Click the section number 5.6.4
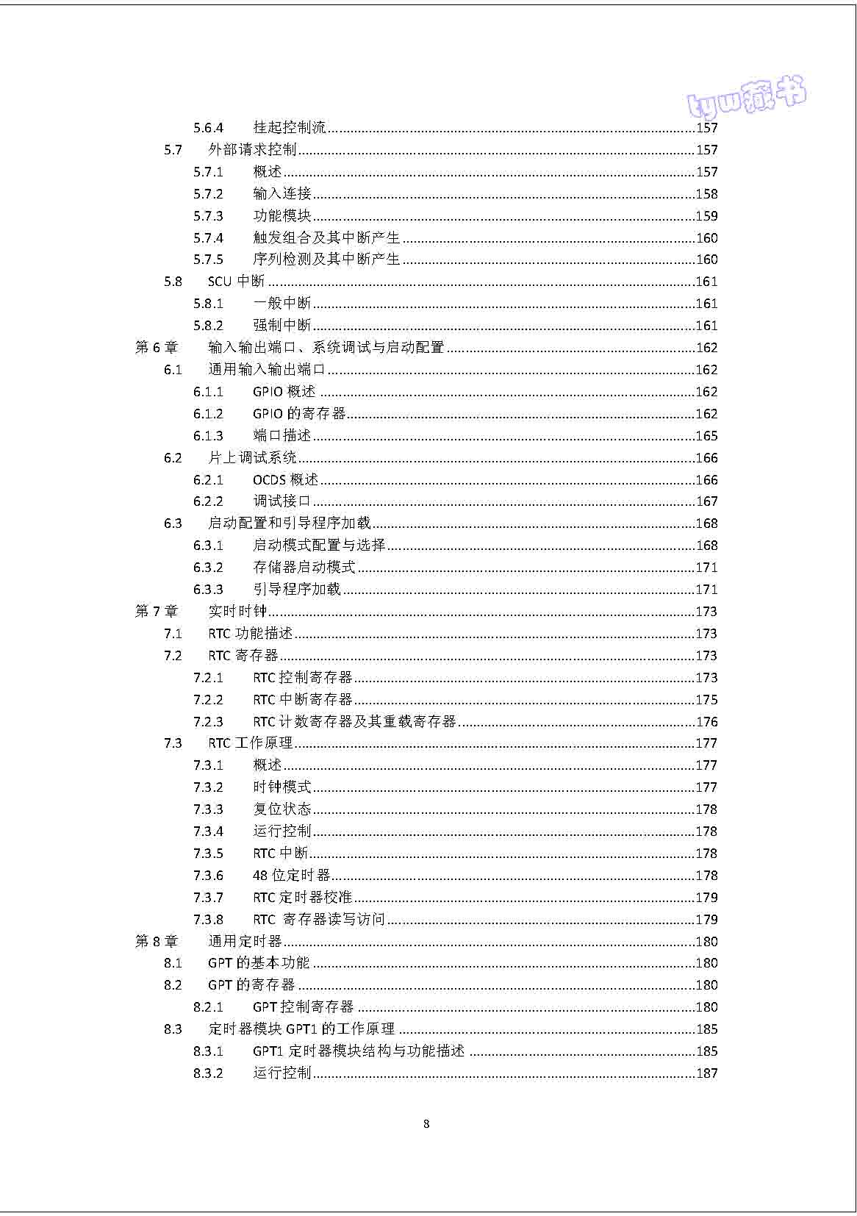click(x=208, y=128)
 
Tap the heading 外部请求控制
click(x=252, y=150)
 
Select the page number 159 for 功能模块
click(x=706, y=216)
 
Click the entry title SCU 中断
click(x=236, y=282)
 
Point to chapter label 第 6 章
click(x=157, y=348)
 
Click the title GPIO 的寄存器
click(x=299, y=414)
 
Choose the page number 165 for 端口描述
click(x=706, y=436)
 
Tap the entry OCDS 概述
click(x=285, y=480)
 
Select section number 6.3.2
click(x=208, y=568)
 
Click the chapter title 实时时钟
click(x=237, y=612)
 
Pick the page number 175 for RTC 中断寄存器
click(x=706, y=700)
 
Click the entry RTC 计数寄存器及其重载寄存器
click(x=354, y=722)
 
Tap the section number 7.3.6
click(x=208, y=876)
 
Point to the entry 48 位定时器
click(x=291, y=876)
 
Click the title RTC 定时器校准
click(x=302, y=898)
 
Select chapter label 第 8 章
click(x=157, y=942)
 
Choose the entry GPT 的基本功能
click(x=259, y=963)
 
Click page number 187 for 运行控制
click(x=706, y=1073)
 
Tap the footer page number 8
click(x=427, y=1124)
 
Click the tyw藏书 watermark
click(x=746, y=97)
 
